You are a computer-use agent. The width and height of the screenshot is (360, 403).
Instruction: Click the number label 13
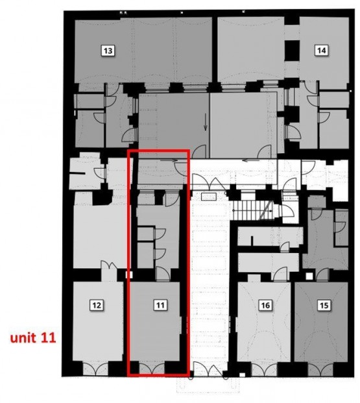pos(108,51)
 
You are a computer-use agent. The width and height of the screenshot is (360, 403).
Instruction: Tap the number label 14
pos(322,50)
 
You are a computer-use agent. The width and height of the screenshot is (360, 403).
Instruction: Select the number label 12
pos(97,305)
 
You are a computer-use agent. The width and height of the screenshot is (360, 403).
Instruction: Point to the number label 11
pos(160,305)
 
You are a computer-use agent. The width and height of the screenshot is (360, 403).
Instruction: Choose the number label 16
pos(265,305)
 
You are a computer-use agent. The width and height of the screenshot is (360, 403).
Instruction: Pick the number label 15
pos(324,305)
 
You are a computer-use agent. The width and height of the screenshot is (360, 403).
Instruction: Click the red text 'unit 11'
pos(33,337)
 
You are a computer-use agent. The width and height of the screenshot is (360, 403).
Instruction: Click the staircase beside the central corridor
pos(252,211)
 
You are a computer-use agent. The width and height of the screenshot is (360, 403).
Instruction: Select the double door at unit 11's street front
pos(152,367)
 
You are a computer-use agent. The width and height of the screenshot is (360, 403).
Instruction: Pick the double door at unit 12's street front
pos(95,368)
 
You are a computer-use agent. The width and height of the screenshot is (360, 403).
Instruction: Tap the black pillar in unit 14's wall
pos(292,51)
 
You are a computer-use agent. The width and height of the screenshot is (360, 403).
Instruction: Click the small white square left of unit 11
pos(129,275)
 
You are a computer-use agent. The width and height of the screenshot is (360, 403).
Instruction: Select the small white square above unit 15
pos(309,276)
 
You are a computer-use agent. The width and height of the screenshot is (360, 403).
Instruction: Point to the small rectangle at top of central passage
pos(209,197)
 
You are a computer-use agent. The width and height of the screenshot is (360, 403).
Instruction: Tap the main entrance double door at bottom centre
pos(209,369)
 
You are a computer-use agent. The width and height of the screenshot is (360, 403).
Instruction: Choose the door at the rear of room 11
pos(162,273)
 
